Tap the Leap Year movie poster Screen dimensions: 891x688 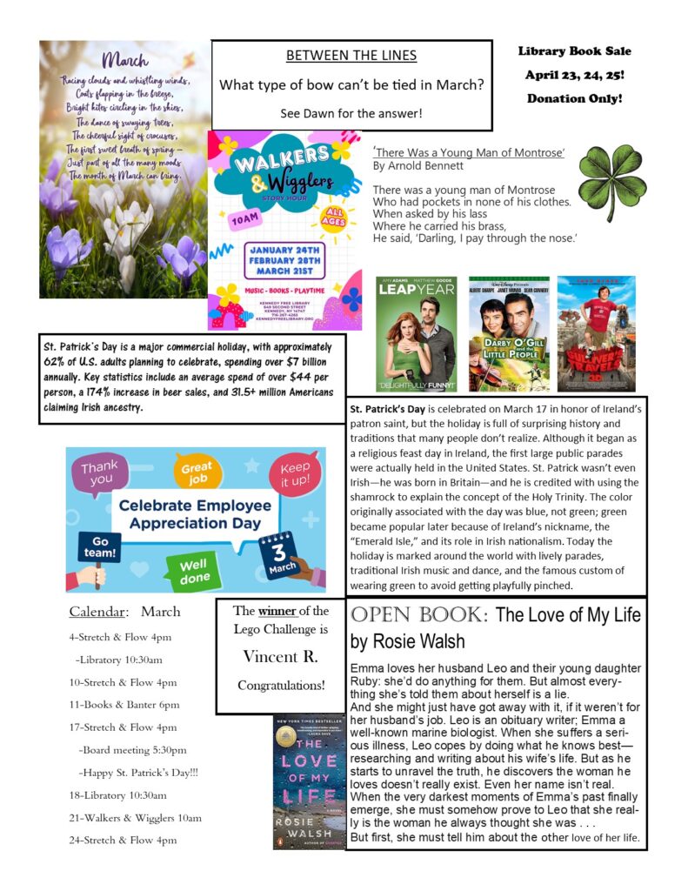click(416, 334)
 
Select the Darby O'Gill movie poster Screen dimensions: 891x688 click(509, 334)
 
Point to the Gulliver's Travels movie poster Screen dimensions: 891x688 click(596, 334)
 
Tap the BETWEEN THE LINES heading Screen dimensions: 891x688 click(351, 56)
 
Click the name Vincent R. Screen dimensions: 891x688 click(281, 655)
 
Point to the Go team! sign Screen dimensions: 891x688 click(95, 547)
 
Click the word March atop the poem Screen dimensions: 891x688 click(125, 61)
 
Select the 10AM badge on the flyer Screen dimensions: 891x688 click(246, 221)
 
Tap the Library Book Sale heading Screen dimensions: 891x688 click(575, 51)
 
